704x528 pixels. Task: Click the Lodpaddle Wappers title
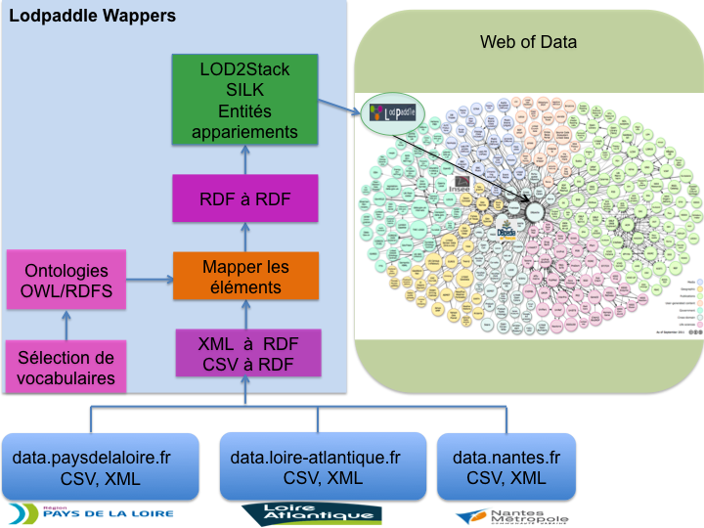pyautogui.click(x=93, y=16)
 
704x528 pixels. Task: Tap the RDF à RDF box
pyautogui.click(x=245, y=200)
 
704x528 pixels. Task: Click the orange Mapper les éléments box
pyautogui.click(x=245, y=277)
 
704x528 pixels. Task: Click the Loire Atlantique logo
pyautogui.click(x=312, y=513)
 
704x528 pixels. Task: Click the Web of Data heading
pyautogui.click(x=528, y=42)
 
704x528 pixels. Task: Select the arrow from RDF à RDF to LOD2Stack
pyautogui.click(x=245, y=158)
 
